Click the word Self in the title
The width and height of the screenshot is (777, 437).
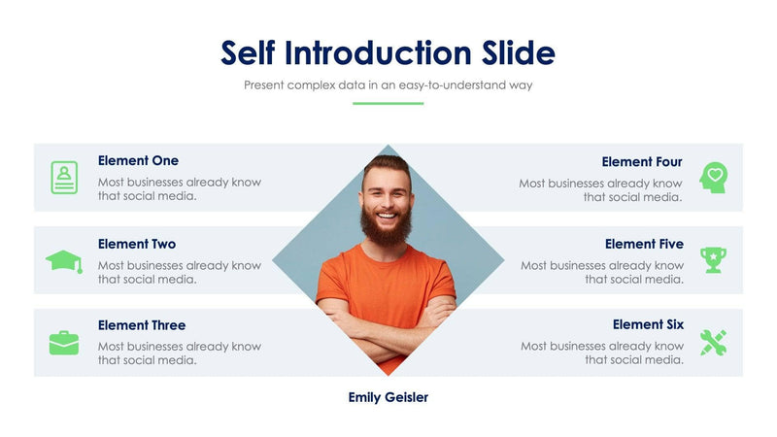tap(249, 52)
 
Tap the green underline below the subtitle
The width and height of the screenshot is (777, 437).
tap(388, 103)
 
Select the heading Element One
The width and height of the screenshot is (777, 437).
tap(138, 161)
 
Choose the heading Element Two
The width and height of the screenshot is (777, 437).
tap(137, 244)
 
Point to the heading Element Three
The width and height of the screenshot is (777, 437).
tap(142, 325)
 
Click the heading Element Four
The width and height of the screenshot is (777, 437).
tap(642, 162)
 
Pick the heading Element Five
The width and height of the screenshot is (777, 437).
tap(644, 244)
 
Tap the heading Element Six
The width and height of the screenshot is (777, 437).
tap(648, 325)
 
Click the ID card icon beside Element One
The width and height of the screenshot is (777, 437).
tap(64, 178)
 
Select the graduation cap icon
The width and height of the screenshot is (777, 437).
tap(64, 260)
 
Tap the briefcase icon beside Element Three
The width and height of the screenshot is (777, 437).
tap(64, 343)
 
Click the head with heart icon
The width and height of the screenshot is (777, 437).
tap(714, 178)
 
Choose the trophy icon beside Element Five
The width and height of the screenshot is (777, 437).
tap(714, 259)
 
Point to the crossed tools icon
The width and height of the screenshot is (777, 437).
tap(714, 343)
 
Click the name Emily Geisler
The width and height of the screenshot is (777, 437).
tap(388, 397)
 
